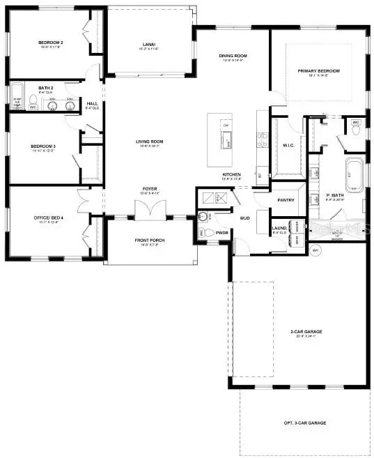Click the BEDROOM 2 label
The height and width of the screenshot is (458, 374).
tap(51, 43)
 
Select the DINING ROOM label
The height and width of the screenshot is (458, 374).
tap(234, 56)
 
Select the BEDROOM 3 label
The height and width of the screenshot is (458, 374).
tap(42, 146)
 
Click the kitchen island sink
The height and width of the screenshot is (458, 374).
tap(226, 143)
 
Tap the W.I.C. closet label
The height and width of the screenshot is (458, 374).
tap(288, 146)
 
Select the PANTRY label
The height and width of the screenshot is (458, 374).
tap(286, 200)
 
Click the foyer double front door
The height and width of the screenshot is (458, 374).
tap(149, 208)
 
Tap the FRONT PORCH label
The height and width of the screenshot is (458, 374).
tap(149, 241)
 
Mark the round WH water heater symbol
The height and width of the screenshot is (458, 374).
tap(315, 250)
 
